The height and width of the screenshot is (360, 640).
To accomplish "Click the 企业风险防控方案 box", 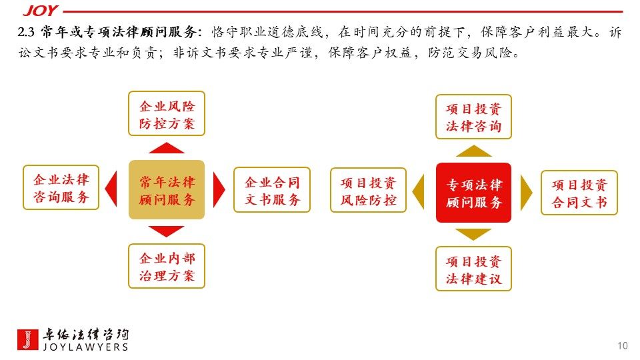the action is (167, 114).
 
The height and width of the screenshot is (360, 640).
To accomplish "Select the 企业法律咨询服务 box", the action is (61, 187).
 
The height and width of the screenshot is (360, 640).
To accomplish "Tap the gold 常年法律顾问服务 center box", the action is (167, 190).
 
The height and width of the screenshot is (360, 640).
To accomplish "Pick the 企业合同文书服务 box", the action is (272, 190).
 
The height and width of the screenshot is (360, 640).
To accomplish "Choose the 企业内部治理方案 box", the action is (167, 266).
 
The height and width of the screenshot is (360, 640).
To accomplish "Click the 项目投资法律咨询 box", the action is (473, 117).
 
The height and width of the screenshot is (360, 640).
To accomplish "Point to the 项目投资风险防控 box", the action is (368, 190).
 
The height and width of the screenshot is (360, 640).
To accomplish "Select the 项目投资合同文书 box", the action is (579, 193).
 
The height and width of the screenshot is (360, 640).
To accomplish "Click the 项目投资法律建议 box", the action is (473, 269).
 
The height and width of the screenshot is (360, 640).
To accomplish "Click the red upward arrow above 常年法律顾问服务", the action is (167, 148).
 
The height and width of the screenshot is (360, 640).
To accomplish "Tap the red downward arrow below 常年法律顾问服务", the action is (167, 231).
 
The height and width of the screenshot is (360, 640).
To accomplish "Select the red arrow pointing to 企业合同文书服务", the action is (219, 190).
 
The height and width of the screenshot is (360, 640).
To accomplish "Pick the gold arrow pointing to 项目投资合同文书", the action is (526, 193).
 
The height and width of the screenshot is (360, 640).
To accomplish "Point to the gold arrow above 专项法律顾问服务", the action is (473, 151).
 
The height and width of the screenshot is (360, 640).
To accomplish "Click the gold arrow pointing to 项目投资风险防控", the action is (419, 192).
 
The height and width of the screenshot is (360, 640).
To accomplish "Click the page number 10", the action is (623, 345).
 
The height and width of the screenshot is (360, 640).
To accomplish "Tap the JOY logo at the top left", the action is (39, 11).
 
